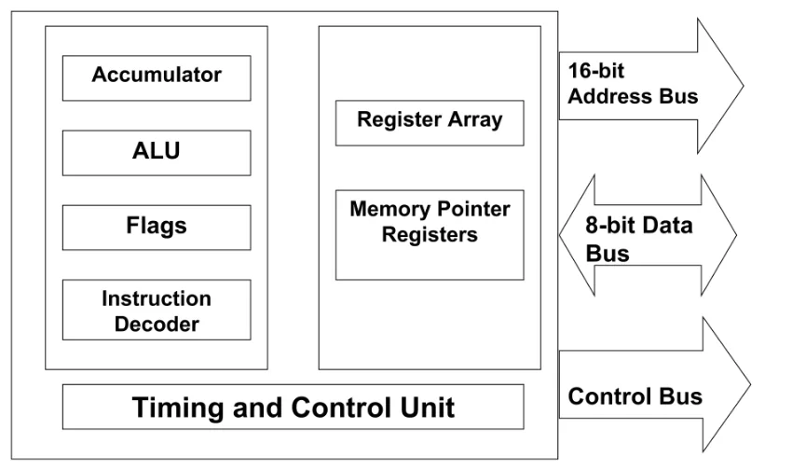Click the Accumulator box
pos(157,77)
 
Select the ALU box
pos(157,153)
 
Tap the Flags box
pos(157,227)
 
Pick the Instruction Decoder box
pos(157,311)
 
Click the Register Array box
pos(430,120)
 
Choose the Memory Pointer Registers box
pos(430,234)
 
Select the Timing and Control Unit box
pos(293,408)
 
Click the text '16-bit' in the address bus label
pos(596,71)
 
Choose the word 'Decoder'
pos(157,324)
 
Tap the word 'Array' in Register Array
pos(471,119)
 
